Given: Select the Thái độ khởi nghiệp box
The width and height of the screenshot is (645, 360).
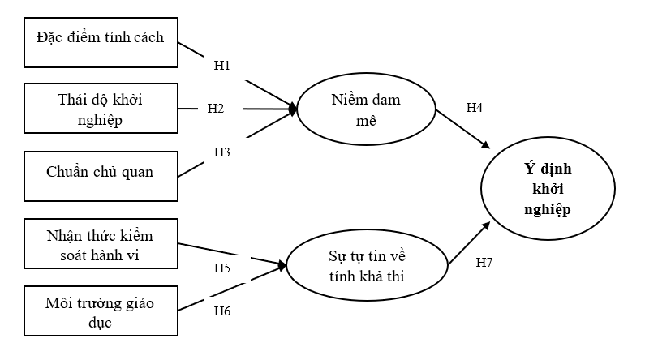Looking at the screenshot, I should (x=101, y=108).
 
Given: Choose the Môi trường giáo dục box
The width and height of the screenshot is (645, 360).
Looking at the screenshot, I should (x=101, y=311).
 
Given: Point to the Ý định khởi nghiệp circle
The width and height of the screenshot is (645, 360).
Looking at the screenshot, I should (x=546, y=189).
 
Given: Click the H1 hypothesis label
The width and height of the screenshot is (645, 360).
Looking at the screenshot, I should (x=222, y=64).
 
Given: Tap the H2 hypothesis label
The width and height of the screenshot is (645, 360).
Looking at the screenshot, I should (x=215, y=108).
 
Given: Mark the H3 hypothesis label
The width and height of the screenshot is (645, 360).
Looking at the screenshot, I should (x=222, y=151).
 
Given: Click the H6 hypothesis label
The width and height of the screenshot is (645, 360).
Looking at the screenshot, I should (x=222, y=310).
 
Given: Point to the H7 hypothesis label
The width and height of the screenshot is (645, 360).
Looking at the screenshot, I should (x=484, y=263).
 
